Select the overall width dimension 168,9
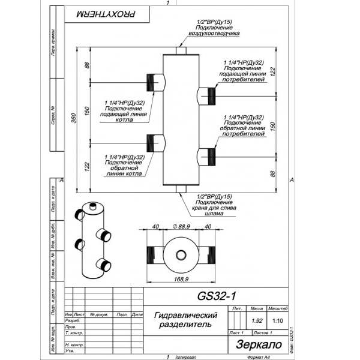[x=180, y=279]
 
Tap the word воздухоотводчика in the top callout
[x=214, y=34]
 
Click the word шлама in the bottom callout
[x=214, y=213]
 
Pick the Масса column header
[x=257, y=307]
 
